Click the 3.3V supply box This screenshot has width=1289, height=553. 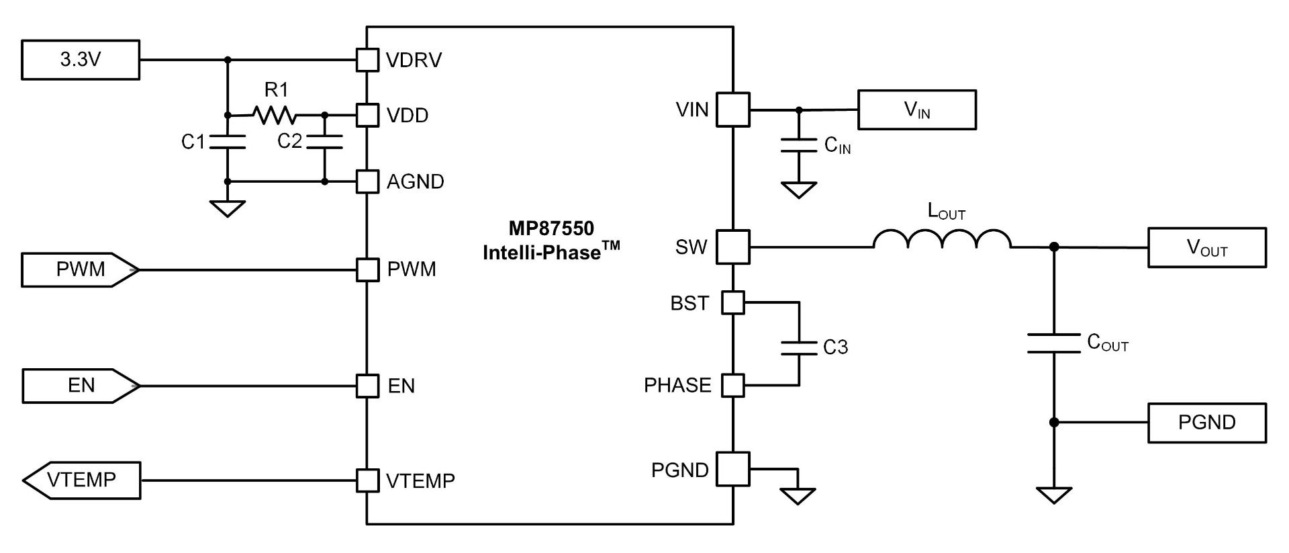pos(81,60)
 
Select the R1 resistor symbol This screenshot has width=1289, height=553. pos(274,115)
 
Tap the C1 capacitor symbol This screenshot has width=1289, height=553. pos(228,142)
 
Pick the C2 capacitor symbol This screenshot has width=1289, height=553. pos(324,142)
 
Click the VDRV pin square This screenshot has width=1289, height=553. pos(367,60)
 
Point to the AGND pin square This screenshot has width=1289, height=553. pos(367,181)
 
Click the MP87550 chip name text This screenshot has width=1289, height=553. pos(551,228)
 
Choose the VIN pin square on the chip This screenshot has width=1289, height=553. pos(732,110)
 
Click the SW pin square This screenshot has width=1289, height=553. pos(732,247)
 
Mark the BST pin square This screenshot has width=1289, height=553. pos(733,303)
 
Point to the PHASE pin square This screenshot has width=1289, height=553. pos(733,386)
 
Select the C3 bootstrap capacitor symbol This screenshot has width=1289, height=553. pos(799,347)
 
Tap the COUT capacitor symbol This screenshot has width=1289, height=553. pos(1053,343)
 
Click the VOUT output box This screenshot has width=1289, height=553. pos(1206,248)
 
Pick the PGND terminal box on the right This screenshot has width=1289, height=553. pos(1206,423)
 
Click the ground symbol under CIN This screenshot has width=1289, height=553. pos(798,190)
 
